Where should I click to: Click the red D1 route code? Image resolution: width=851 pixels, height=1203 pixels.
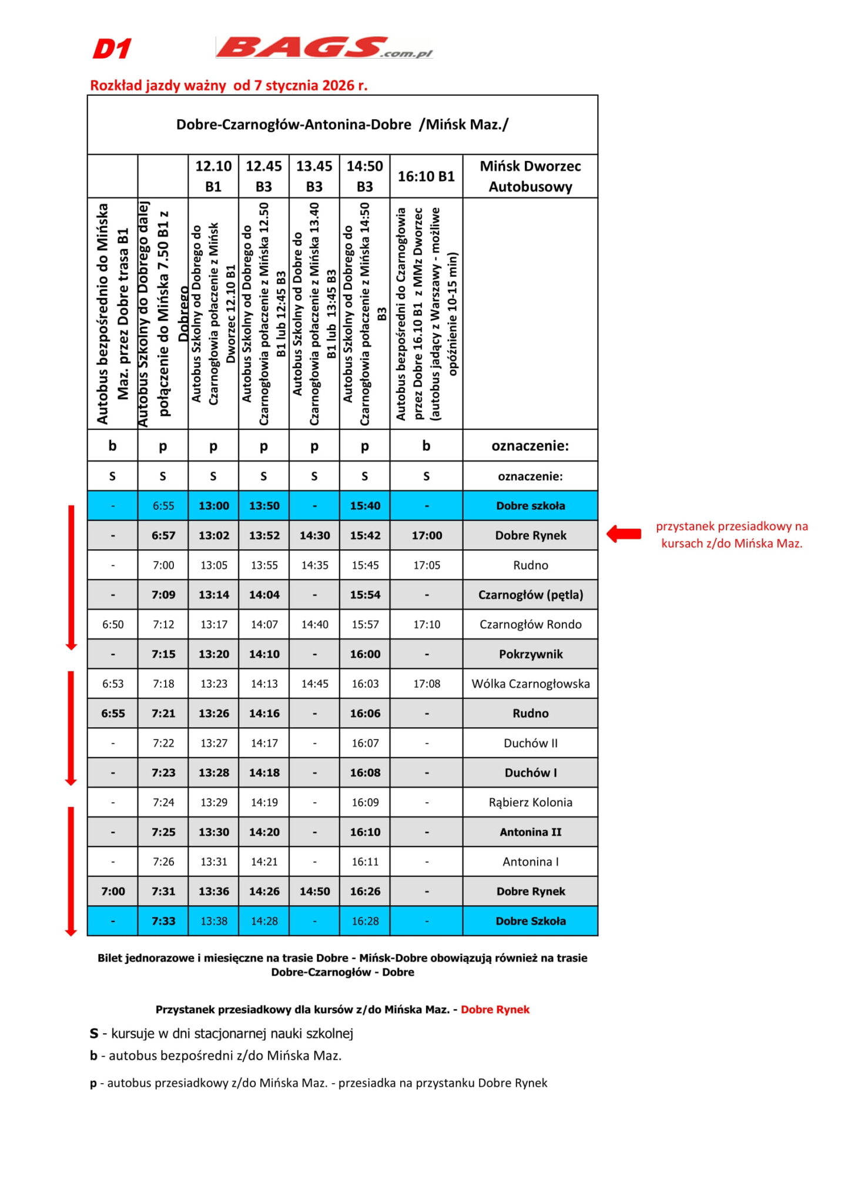(x=112, y=49)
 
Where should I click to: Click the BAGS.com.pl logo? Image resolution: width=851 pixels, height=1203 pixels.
(x=324, y=48)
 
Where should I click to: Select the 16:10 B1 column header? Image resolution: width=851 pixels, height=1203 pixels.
(x=426, y=176)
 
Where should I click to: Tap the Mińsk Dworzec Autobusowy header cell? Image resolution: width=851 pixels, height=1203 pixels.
(x=530, y=176)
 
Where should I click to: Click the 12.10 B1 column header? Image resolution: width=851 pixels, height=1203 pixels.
(x=213, y=176)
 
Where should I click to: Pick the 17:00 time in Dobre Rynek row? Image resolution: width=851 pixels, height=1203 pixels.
(x=427, y=535)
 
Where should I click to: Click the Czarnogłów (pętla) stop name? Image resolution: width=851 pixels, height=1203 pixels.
(x=530, y=594)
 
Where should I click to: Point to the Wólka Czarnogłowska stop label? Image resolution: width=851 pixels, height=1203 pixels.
(x=530, y=684)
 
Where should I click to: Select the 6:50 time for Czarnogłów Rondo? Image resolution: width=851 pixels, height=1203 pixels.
(x=113, y=624)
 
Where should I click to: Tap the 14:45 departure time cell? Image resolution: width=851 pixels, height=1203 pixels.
(x=314, y=684)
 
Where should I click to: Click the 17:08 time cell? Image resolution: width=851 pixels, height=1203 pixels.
(x=427, y=684)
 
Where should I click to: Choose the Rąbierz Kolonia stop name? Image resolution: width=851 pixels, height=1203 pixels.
(x=530, y=802)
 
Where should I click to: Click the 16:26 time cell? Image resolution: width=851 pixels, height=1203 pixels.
(x=365, y=891)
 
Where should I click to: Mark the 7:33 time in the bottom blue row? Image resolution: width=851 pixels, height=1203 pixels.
(x=163, y=921)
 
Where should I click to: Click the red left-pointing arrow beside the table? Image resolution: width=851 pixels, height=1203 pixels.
(x=624, y=534)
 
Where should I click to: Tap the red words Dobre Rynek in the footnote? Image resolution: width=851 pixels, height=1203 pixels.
(x=495, y=1009)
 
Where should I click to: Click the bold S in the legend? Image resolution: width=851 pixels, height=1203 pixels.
(x=94, y=1033)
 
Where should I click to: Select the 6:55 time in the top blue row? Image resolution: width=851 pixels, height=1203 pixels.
(x=163, y=506)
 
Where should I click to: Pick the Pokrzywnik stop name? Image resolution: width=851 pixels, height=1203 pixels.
(x=530, y=654)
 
